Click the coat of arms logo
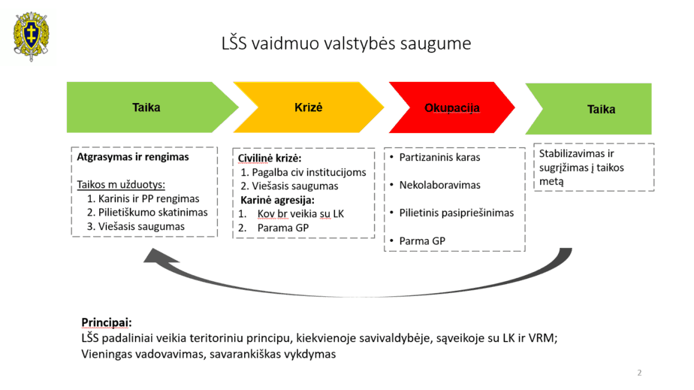point(31,36)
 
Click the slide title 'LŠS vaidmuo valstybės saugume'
point(346,44)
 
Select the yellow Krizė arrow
point(309,107)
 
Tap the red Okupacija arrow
point(452,107)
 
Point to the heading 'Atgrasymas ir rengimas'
point(133,157)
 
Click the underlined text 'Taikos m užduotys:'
point(121,185)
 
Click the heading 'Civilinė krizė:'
point(270,158)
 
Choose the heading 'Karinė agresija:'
point(277,200)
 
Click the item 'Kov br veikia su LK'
point(300,214)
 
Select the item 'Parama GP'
point(283,228)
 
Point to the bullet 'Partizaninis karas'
point(439,157)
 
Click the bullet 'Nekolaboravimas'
point(439,185)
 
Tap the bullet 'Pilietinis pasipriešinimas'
point(457,213)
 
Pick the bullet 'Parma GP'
point(422,240)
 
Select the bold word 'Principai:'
point(106,322)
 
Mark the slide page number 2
point(639,373)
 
